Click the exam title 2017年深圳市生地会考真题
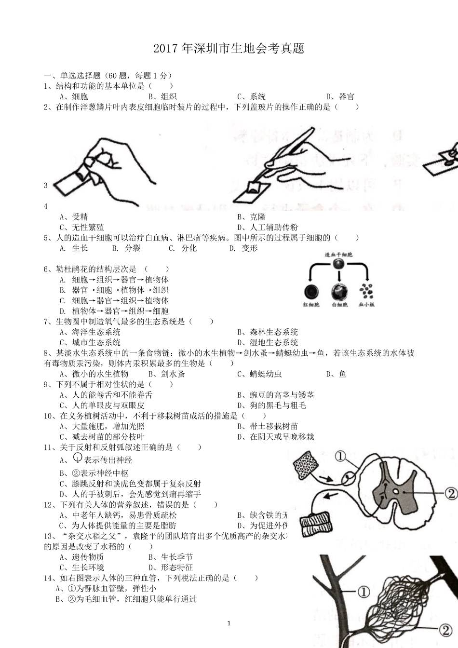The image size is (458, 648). click(229, 49)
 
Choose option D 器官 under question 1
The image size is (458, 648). click(340, 96)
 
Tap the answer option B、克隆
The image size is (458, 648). click(251, 217)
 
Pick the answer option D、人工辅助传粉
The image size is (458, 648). click(267, 227)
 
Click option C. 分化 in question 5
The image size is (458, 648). click(183, 248)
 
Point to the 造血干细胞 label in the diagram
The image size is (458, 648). click(339, 254)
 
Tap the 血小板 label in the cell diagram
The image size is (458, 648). click(366, 305)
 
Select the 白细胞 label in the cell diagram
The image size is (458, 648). click(339, 305)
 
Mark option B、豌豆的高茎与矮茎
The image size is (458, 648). click(275, 395)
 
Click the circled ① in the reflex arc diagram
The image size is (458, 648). click(340, 456)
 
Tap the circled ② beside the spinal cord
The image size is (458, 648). click(450, 493)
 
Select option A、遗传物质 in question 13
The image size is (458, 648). click(81, 557)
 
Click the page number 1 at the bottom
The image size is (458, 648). click(229, 623)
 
